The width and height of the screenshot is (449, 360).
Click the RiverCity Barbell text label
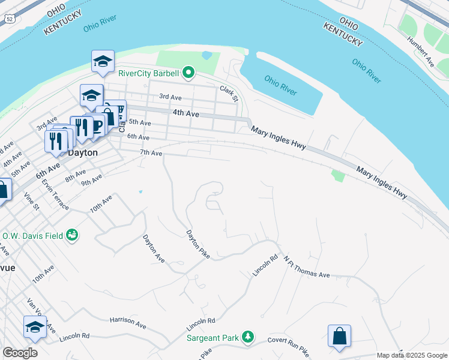click(148, 74)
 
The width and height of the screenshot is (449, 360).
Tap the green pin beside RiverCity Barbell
click(188, 74)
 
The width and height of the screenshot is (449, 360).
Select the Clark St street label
click(229, 93)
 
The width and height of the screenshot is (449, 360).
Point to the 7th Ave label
click(151, 154)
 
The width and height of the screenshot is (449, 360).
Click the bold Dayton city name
click(82, 152)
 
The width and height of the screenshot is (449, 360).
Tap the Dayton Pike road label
click(197, 245)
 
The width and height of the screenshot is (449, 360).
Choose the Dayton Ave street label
click(154, 248)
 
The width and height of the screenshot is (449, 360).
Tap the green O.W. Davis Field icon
click(72, 235)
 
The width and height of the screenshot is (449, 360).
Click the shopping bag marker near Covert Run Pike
click(339, 336)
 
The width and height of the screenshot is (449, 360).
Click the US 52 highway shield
click(9, 19)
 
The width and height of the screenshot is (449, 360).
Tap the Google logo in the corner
click(20, 353)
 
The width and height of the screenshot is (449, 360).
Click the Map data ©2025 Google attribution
click(411, 355)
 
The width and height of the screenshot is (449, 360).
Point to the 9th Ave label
click(91, 179)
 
